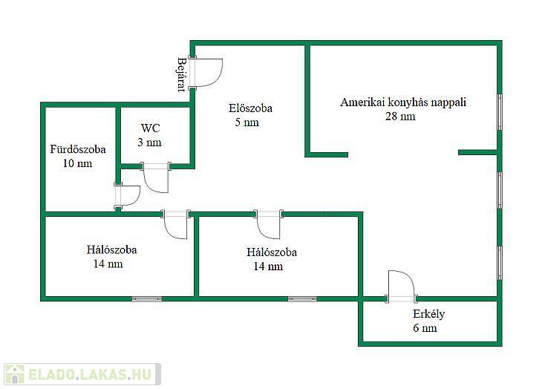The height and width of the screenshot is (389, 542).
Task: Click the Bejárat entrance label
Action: (181, 75)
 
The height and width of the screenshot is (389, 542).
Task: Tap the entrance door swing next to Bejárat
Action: (206, 72)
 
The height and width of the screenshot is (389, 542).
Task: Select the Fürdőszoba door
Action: (127, 196)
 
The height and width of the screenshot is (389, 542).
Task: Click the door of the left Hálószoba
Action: (176, 224)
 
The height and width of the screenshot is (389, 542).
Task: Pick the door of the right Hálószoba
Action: (269, 224)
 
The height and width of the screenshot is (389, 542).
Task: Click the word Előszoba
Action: (250, 108)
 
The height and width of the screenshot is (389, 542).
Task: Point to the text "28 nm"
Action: (400, 116)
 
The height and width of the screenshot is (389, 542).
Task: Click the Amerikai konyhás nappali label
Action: (403, 102)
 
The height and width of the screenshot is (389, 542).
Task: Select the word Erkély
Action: (428, 314)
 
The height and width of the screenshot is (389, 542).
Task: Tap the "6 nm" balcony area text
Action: (425, 328)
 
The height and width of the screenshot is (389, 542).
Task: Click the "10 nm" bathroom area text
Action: (77, 163)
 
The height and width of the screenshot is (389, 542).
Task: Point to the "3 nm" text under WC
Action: (149, 143)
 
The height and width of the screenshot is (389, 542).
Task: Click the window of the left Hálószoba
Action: (147, 299)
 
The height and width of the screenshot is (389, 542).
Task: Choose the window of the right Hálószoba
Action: (302, 299)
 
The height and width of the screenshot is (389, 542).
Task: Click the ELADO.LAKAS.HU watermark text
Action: (90, 374)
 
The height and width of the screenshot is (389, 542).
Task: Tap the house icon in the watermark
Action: (15, 374)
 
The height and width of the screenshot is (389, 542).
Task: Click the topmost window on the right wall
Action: (500, 112)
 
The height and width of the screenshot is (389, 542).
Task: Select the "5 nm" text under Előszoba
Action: (246, 122)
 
